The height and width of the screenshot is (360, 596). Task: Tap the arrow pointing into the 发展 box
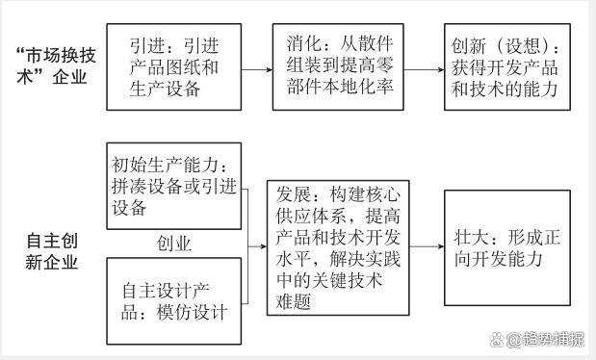point(257,247)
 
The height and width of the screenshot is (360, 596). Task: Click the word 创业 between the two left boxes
point(174,243)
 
